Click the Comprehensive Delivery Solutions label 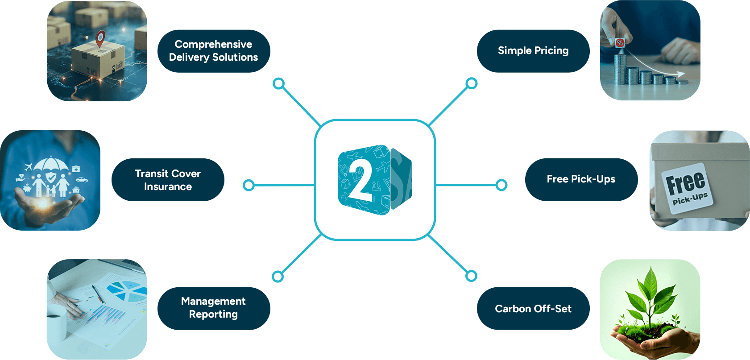coord(213,51)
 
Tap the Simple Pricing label coord(533,51)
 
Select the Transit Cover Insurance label coord(168,180)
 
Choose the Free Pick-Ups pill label coord(581,179)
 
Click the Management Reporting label coord(213,308)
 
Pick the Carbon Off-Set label coord(533,309)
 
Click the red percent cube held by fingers coord(620,43)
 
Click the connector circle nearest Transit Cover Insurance coord(249,185)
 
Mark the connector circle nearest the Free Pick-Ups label coord(501,185)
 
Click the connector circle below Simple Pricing coord(472,83)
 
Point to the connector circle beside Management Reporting coord(278,277)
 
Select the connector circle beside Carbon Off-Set coord(471,276)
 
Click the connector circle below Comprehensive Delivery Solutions coord(278,83)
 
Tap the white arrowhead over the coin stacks coord(680,74)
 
